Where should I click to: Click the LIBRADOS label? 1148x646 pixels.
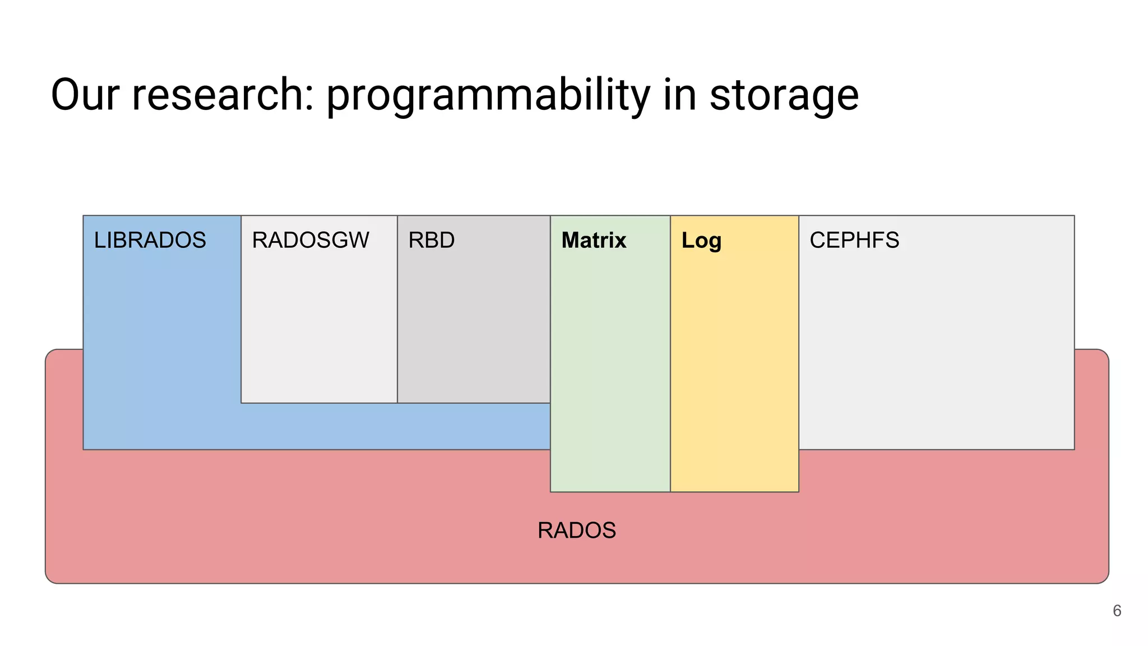point(150,240)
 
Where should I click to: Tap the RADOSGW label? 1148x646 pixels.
point(311,240)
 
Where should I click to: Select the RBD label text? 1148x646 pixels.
point(431,240)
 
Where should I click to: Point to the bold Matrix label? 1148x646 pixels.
point(594,240)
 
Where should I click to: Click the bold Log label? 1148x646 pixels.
point(701,241)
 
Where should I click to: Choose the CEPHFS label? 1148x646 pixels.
point(854,240)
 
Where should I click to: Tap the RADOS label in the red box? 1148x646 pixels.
point(576,530)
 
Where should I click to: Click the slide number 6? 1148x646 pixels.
point(1117,611)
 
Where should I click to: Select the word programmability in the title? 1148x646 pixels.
point(488,95)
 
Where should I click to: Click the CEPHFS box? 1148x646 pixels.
point(936,348)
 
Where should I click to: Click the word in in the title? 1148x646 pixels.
point(680,95)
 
